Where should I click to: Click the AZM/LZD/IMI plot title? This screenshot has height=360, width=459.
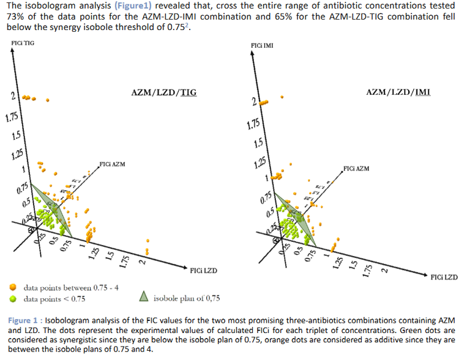[398, 92]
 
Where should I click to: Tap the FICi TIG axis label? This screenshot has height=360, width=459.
[23, 41]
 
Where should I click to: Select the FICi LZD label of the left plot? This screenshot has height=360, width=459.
[203, 269]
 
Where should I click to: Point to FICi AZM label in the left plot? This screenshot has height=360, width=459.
[112, 164]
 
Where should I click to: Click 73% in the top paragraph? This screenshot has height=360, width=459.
[15, 17]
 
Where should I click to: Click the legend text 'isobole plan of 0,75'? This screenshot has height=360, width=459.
[187, 298]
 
